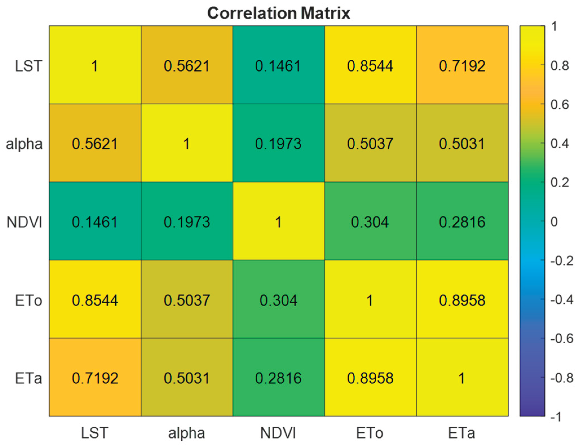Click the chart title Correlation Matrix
coord(279,13)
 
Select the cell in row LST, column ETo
coord(370,65)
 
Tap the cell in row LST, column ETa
coord(462,65)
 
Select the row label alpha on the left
coord(24,144)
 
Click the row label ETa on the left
coord(28,378)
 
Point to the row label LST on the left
coord(28,66)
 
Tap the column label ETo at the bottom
coord(370,433)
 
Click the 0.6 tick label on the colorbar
coord(560,104)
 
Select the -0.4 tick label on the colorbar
coord(562,299)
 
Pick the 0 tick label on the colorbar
coord(554,222)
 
